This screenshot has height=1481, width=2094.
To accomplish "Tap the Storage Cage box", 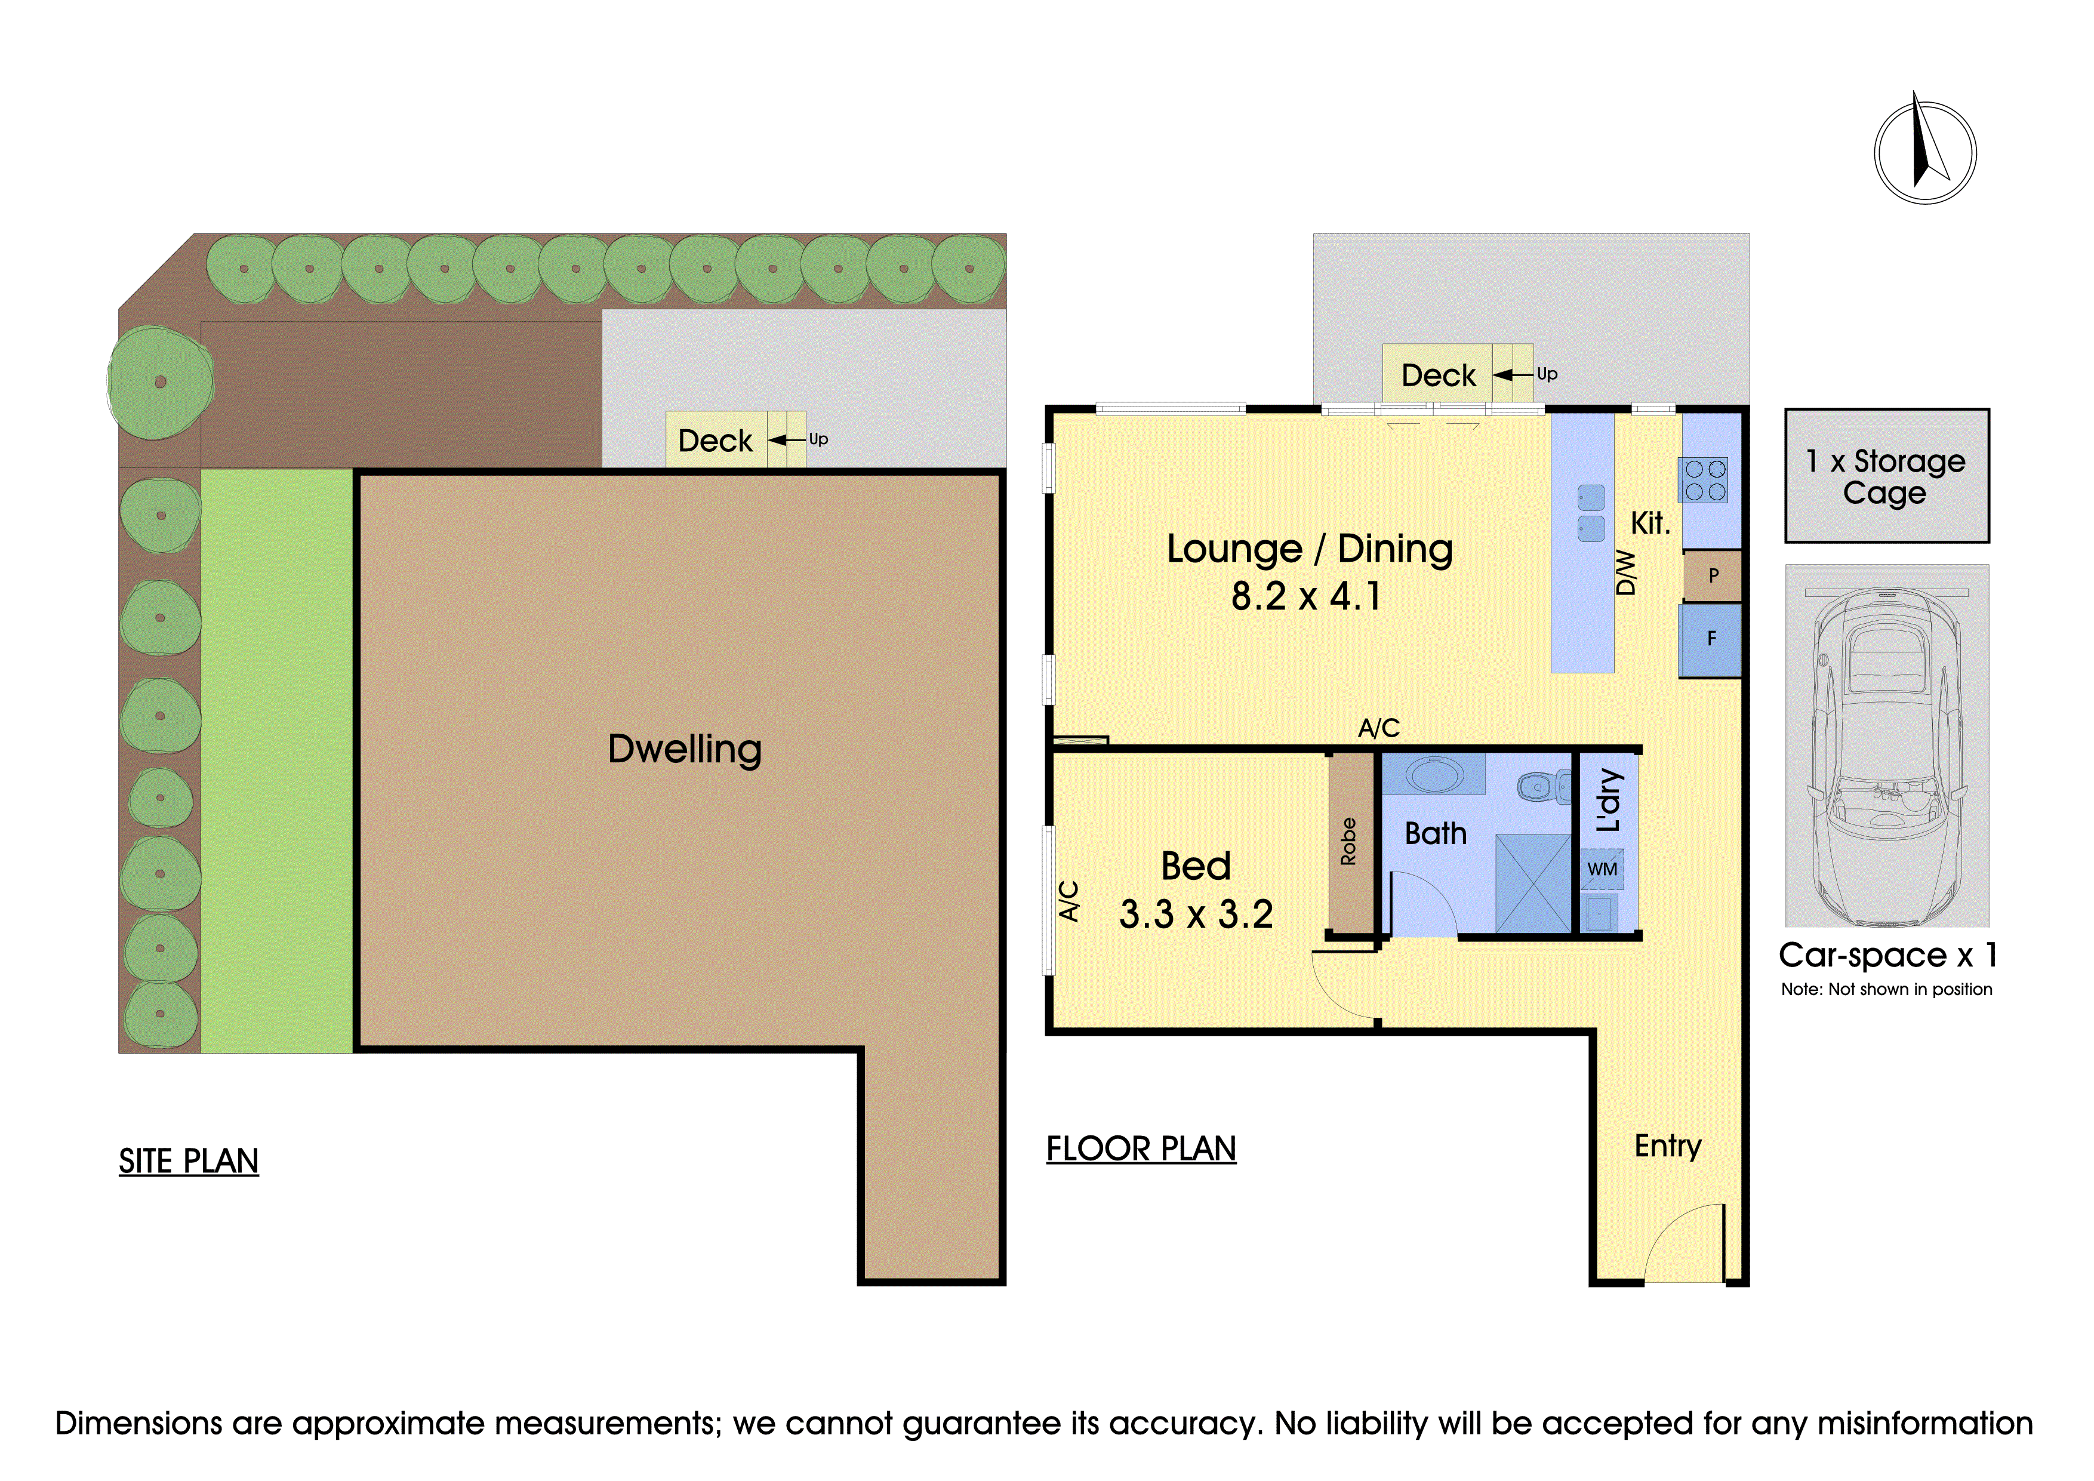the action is pyautogui.click(x=1887, y=475).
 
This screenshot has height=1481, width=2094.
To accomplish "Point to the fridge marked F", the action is pyautogui.click(x=1711, y=639).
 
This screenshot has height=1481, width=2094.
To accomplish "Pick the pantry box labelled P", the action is pyautogui.click(x=1713, y=575).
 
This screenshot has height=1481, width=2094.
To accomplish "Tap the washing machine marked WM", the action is pyautogui.click(x=1602, y=869).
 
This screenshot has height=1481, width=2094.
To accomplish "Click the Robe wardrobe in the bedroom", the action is pyautogui.click(x=1350, y=842).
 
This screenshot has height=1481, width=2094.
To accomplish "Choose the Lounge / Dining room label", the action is pyautogui.click(x=1310, y=549).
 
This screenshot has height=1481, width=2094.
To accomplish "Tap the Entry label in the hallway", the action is pyautogui.click(x=1667, y=1146).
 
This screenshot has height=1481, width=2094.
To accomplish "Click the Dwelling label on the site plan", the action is pyautogui.click(x=684, y=750).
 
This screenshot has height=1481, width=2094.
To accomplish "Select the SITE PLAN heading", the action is pyautogui.click(x=189, y=1161).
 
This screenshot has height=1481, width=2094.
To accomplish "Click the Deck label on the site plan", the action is pyautogui.click(x=715, y=441).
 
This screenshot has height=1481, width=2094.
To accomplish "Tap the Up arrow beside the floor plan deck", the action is pyautogui.click(x=1514, y=375).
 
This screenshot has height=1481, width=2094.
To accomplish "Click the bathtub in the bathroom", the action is pyautogui.click(x=1434, y=774).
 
